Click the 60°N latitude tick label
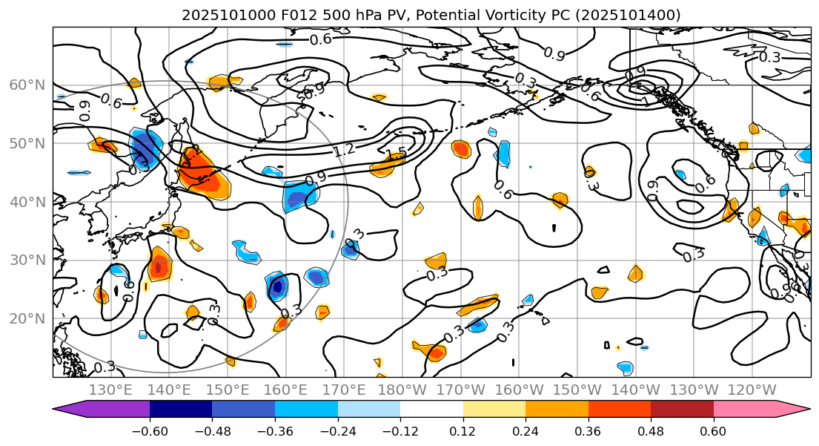click(27, 85)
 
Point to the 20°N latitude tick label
click(27, 319)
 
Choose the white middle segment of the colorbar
click(431, 409)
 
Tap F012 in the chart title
click(285, 15)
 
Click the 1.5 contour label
click(397, 154)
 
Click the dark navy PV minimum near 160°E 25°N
click(278, 286)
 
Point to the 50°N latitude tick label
click(27, 144)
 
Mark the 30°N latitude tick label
click(27, 260)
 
